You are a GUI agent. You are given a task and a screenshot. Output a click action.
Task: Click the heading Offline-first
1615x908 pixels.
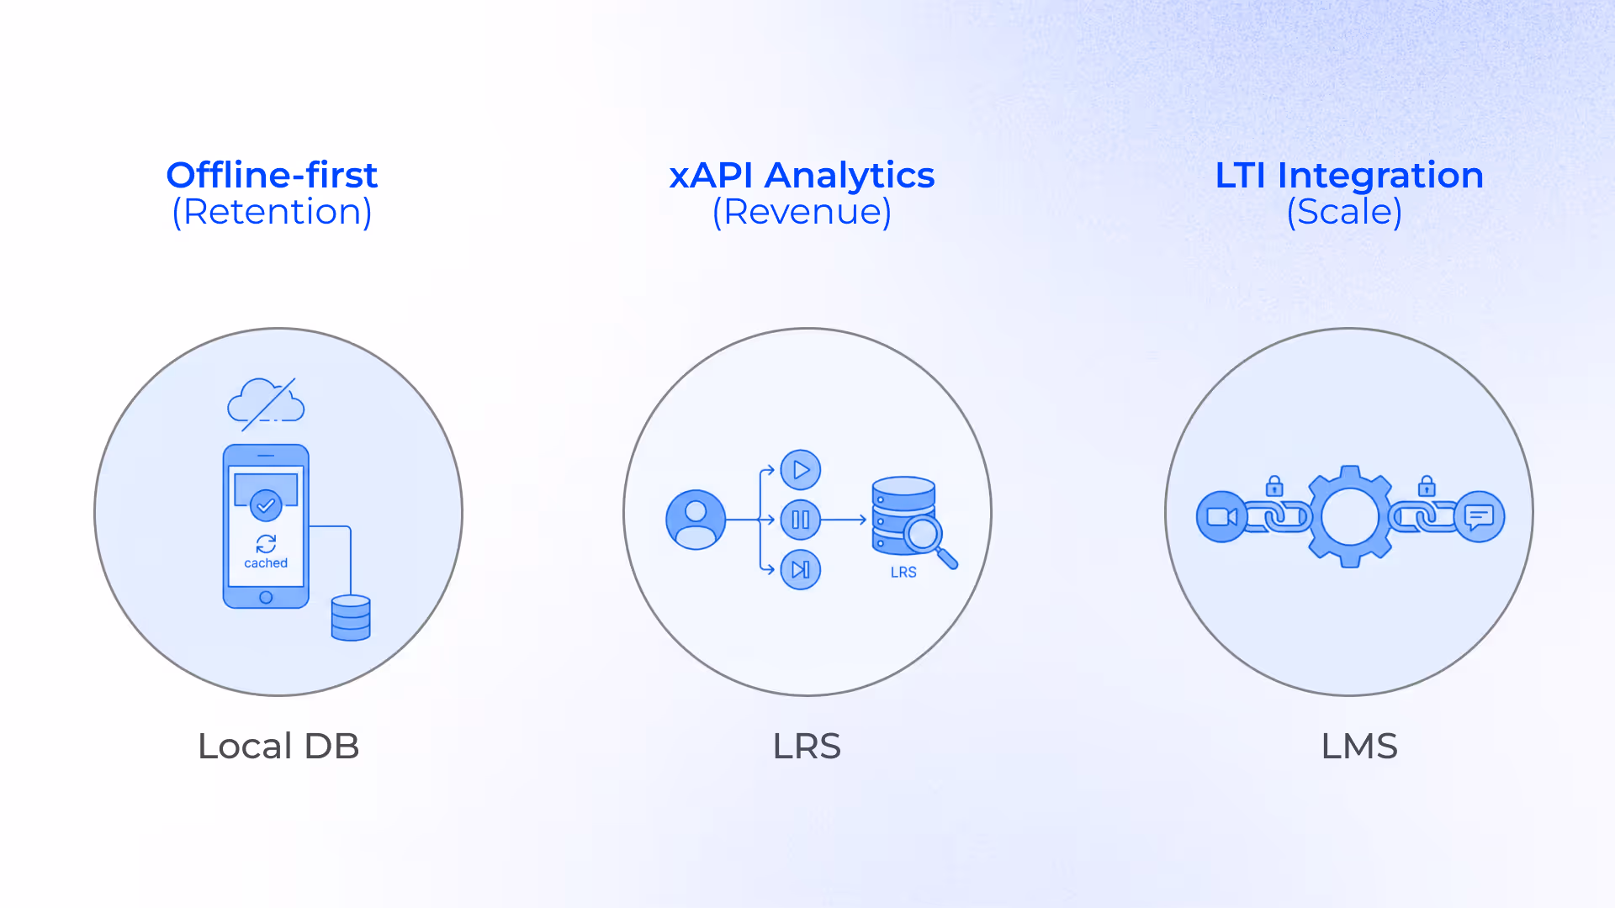coord(272,175)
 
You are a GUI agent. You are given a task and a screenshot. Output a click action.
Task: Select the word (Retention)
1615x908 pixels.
coord(272,212)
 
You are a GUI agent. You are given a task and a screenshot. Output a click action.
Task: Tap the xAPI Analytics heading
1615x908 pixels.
coord(802,175)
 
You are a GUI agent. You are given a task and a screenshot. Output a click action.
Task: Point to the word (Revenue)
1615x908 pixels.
coord(802,212)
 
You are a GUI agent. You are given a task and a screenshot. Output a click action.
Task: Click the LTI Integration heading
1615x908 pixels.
coord(1348,175)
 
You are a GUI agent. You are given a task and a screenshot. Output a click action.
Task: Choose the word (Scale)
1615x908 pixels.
coord(1344,212)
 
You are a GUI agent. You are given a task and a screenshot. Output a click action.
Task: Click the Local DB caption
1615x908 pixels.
coord(278,746)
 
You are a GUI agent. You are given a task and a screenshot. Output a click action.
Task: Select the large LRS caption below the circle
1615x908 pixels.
coord(807,746)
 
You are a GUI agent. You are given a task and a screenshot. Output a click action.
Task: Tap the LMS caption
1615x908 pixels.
coord(1358,746)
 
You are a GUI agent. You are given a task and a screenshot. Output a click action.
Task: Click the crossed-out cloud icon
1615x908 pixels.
coord(266,403)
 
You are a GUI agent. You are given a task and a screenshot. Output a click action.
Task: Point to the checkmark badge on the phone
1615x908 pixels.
coord(266,505)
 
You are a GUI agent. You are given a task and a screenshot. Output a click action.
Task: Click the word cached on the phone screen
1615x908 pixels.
coord(266,563)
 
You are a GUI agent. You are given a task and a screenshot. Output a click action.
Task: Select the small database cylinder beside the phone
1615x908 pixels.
coord(351,618)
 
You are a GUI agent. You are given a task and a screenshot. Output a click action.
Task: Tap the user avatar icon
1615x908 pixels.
coord(696,520)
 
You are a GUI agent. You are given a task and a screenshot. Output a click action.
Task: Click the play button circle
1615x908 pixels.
coord(801,470)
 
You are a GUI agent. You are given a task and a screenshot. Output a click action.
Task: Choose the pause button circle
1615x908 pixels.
coord(801,520)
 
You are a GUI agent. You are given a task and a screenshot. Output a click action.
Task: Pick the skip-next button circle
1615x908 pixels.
coord(801,569)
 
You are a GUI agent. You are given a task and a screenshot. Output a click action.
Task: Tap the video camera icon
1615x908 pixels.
coord(1221,516)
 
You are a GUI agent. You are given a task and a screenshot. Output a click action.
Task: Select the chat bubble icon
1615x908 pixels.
coord(1480,516)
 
